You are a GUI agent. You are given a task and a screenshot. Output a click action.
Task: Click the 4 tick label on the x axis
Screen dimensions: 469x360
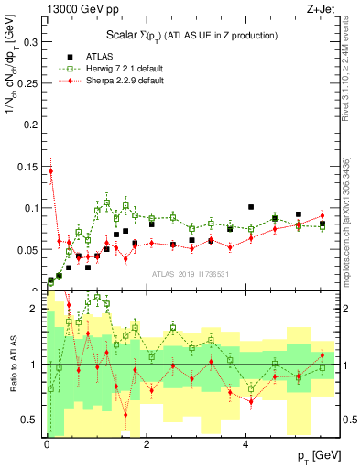click(245, 443)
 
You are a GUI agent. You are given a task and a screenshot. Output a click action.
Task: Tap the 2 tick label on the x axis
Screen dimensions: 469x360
click(147, 443)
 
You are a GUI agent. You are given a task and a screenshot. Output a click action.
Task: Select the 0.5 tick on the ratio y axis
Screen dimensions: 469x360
click(31, 420)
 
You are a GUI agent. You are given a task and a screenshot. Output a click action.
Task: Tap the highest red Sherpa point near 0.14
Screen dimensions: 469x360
click(51, 171)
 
